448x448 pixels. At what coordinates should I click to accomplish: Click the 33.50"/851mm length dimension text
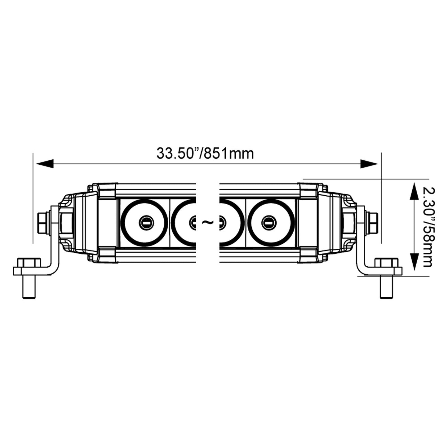[x=205, y=153]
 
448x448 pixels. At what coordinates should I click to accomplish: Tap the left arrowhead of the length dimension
[x=45, y=164]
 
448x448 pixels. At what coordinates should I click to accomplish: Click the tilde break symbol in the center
[x=207, y=222]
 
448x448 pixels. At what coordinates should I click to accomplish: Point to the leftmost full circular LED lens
[x=144, y=223]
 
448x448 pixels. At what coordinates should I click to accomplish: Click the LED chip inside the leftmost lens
[x=144, y=223]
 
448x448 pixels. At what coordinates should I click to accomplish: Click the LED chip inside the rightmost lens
[x=268, y=223]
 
